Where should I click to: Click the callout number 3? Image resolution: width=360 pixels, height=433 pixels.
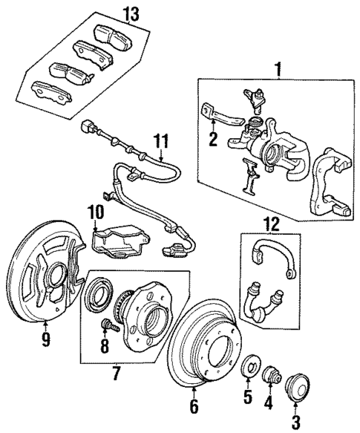(x=296, y=424)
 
